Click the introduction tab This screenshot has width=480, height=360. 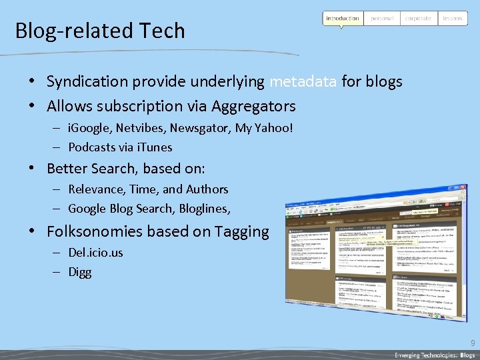(343, 19)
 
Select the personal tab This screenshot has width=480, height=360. (382, 19)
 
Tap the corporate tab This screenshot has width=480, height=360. (418, 19)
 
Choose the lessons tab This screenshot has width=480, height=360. (453, 19)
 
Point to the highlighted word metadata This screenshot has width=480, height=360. (303, 82)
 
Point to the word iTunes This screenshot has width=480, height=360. (155, 147)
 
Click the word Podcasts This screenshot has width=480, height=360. (91, 147)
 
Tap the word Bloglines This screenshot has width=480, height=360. (203, 209)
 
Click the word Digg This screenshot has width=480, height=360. (80, 272)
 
